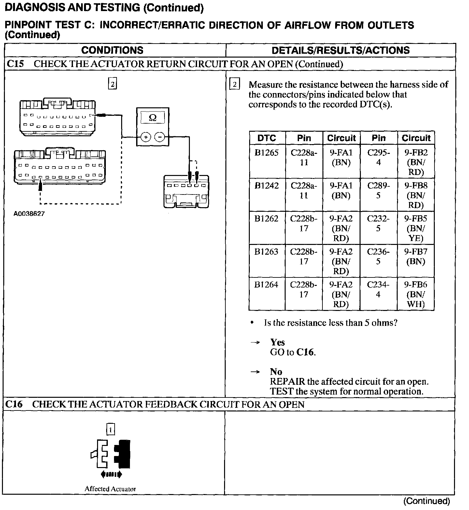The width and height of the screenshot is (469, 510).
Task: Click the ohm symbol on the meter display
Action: [152, 118]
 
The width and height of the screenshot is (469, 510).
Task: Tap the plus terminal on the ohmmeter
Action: [146, 137]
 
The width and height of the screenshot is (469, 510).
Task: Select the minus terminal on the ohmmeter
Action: [160, 137]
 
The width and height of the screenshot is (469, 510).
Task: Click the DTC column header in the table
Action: [267, 138]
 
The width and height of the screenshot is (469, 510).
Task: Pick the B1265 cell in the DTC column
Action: [267, 153]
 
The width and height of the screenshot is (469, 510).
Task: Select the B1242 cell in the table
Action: [267, 186]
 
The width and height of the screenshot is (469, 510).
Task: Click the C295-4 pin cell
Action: [378, 157]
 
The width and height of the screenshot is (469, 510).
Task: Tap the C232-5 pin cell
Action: [378, 223]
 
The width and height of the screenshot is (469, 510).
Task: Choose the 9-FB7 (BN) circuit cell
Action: [416, 256]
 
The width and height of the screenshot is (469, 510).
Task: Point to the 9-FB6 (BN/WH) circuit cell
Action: [416, 294]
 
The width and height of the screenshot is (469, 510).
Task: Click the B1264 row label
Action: [266, 285]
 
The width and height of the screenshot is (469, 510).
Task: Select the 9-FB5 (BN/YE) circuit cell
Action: [416, 228]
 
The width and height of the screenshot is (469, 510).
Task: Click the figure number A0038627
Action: [29, 214]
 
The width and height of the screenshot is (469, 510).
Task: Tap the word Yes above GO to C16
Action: [277, 342]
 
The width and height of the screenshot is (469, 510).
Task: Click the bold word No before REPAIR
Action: [276, 371]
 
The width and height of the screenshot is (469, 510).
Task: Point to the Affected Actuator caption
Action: [110, 489]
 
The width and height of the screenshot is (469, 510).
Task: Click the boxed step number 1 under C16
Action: [111, 430]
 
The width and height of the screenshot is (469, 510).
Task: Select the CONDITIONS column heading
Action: [112, 50]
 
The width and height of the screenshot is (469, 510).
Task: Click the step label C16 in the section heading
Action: [14, 404]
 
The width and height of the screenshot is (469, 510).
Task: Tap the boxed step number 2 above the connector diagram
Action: [112, 84]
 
